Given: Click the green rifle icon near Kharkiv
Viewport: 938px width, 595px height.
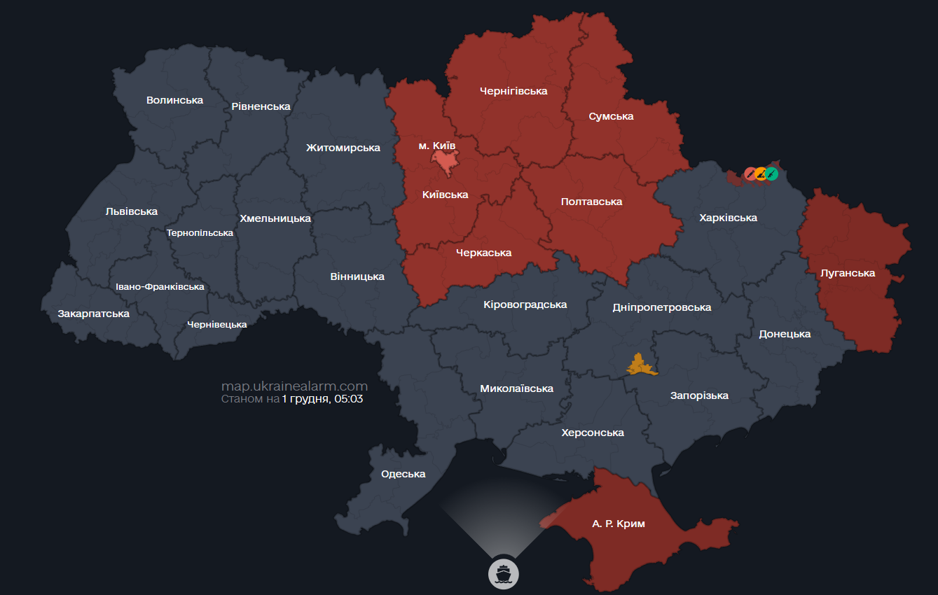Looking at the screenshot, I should point(771,173).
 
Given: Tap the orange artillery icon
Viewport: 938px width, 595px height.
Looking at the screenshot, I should point(761,173).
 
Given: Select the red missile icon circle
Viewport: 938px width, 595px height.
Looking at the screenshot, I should point(750,173).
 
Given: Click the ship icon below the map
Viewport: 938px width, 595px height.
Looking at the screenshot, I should point(502,573).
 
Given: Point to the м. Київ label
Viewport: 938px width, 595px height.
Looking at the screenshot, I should point(436,145).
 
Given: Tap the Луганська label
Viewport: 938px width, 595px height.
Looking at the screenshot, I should point(848,273).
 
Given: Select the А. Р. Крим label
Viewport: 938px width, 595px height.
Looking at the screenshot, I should point(618,524).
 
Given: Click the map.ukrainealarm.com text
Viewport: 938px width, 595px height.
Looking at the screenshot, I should point(294,386).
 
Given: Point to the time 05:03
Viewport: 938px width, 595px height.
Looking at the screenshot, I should point(350,399).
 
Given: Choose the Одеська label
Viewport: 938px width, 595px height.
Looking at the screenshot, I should point(403,474).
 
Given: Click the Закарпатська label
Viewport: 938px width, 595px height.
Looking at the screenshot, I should point(93,314).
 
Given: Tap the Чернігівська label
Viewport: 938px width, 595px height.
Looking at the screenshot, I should point(513,91).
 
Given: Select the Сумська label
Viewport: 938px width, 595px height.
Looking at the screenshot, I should point(611,116).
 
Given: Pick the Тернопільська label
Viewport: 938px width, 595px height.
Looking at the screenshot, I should point(200,232).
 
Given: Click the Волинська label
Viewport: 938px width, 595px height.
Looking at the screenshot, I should point(174,100).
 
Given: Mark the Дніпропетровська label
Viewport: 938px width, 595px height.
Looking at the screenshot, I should point(661,307).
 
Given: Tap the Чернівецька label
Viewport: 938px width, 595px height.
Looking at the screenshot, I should point(216,324).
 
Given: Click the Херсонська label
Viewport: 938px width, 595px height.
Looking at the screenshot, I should point(592,433).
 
